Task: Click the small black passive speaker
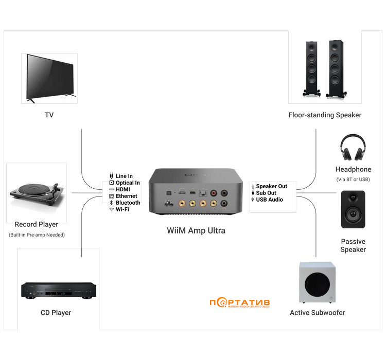353,209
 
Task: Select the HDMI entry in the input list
122,189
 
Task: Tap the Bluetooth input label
128,203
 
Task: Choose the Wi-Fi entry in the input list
122,209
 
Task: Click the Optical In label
128,183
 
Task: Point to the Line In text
124,176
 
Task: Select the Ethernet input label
126,196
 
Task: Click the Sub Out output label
266,193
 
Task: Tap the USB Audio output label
269,200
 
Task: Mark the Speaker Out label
271,186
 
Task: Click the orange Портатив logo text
240,302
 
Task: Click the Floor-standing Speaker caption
325,115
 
